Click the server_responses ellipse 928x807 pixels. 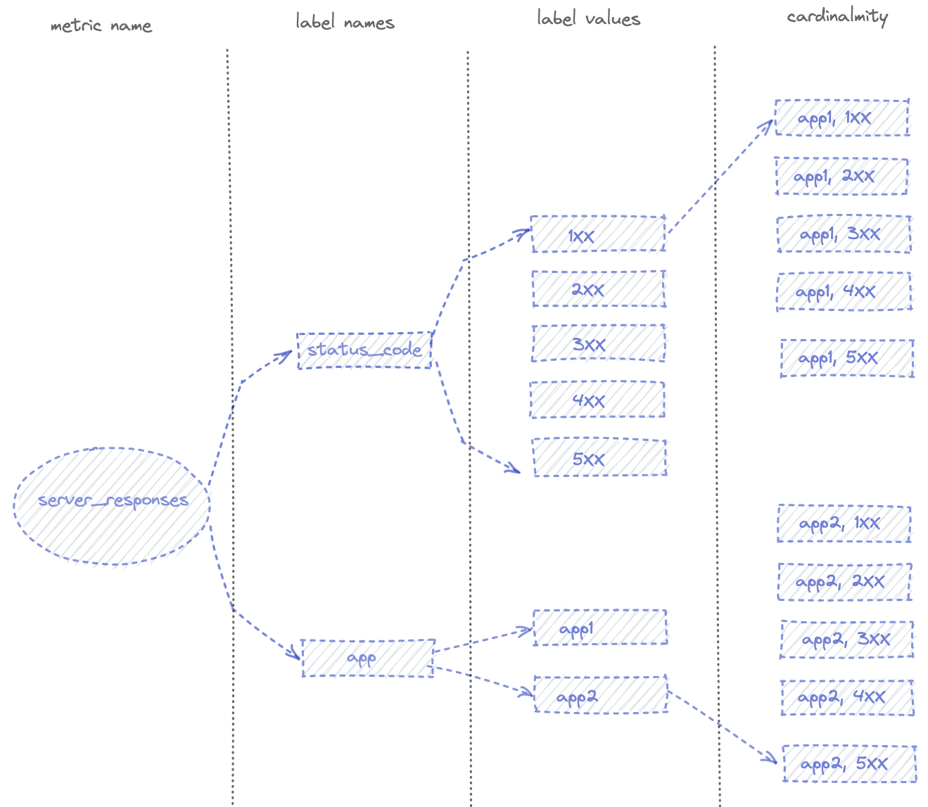click(112, 505)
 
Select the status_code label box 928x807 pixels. click(364, 350)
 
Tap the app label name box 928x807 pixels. click(368, 658)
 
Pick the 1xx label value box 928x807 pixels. click(598, 234)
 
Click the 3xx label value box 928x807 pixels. click(598, 343)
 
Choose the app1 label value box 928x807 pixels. click(599, 628)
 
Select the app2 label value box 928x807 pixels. click(601, 694)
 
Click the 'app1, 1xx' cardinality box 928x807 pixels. click(841, 117)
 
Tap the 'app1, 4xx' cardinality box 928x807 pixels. click(844, 291)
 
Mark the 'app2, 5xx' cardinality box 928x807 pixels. click(849, 763)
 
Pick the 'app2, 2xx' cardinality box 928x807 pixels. click(844, 581)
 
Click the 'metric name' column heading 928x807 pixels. click(101, 26)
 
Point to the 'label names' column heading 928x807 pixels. click(345, 23)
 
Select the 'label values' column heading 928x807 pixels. click(589, 19)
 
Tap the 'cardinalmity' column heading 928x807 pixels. click(837, 16)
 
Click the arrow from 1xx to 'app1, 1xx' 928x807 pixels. click(718, 179)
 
